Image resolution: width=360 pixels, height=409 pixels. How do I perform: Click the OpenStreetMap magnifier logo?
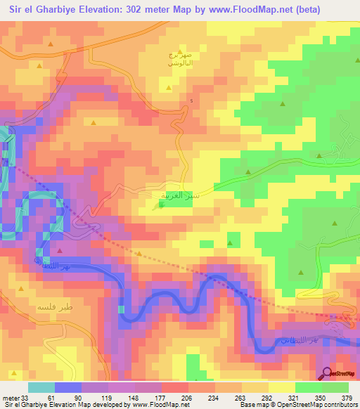click(328, 372)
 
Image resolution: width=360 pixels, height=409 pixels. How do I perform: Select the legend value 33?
click(27, 397)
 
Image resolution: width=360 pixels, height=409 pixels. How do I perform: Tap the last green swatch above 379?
click(335, 387)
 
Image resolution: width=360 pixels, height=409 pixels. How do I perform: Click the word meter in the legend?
click(10, 397)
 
